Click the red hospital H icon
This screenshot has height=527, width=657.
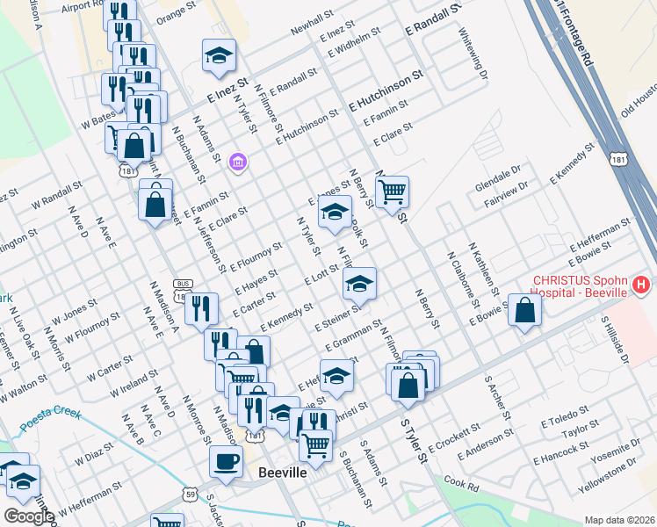pos(641,285)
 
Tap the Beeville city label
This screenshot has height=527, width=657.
pos(282,473)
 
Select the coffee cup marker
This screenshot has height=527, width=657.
pos(226,461)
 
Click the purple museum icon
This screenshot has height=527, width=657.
pos(236,162)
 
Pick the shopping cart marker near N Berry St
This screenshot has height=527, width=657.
pos(392,191)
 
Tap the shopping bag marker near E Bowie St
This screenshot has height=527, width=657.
pos(524,311)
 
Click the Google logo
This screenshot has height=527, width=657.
pos(29,516)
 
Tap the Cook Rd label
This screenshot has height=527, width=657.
pos(461,482)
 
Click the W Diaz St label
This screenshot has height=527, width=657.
pos(95,456)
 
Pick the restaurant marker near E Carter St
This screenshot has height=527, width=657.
pos(201,308)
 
